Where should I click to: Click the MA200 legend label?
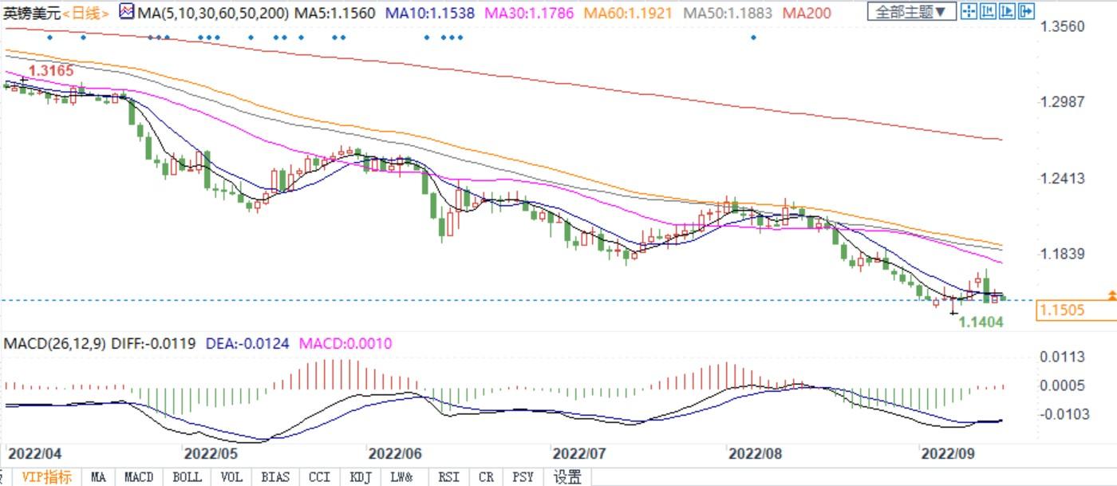click(x=807, y=13)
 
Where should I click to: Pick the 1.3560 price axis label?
click(x=1062, y=26)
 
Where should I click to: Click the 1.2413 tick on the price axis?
click(x=1062, y=178)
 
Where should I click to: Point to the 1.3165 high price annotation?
click(x=51, y=71)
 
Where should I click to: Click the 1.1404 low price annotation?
click(x=981, y=322)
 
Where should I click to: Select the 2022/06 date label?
click(x=394, y=453)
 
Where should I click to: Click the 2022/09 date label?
click(x=948, y=453)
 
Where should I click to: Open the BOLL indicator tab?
click(x=187, y=477)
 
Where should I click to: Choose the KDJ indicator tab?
click(x=361, y=477)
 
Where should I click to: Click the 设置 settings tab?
click(x=567, y=477)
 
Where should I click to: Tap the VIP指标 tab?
click(x=46, y=477)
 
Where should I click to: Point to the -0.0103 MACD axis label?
click(x=1061, y=413)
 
